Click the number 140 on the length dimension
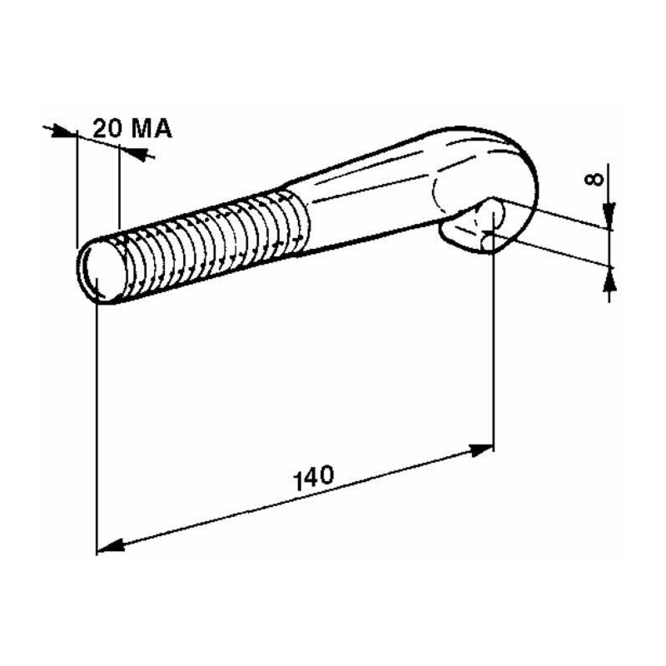tap(314, 478)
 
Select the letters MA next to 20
tap(152, 128)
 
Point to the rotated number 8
tap(594, 179)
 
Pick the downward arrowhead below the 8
tap(609, 216)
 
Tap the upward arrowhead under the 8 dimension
tap(609, 280)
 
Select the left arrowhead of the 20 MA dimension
tap(64, 132)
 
